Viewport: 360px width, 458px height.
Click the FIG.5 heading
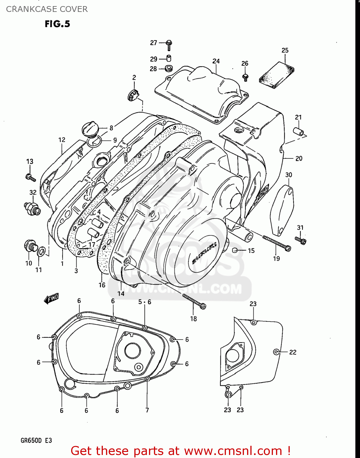(x=57, y=24)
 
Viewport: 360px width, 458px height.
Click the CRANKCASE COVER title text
(x=47, y=9)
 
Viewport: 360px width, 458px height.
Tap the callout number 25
(x=285, y=50)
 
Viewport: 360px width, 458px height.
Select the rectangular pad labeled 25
(x=277, y=75)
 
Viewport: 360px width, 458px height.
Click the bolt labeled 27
(x=169, y=45)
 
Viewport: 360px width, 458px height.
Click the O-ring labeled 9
(x=94, y=141)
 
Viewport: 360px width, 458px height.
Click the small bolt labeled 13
(x=30, y=177)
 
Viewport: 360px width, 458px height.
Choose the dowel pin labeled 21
(x=298, y=131)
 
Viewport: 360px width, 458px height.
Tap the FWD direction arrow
(x=51, y=298)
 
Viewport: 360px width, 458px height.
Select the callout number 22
(x=293, y=352)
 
